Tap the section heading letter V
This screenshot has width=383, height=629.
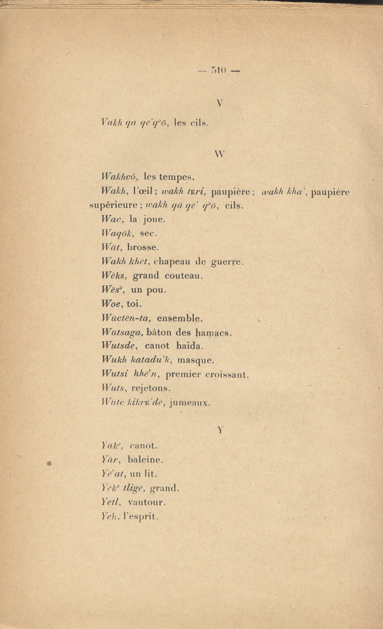220,103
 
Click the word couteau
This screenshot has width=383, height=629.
184,276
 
